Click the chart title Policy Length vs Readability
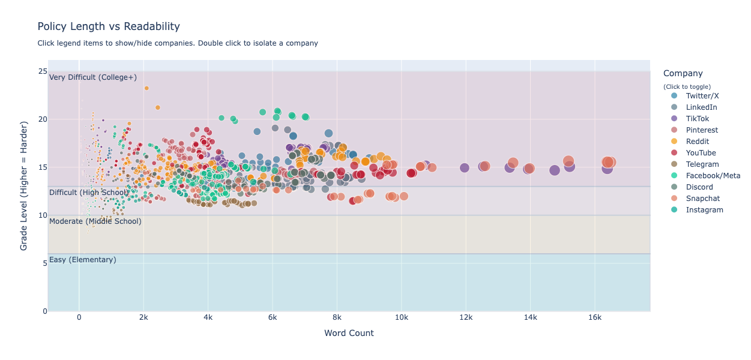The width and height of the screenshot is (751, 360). pos(109,26)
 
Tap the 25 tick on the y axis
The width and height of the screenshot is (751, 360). pos(43,71)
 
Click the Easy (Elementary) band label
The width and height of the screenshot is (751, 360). pos(83,260)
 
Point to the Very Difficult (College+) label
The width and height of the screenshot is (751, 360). pos(93,77)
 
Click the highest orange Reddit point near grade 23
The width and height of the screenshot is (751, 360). pos(146,88)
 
